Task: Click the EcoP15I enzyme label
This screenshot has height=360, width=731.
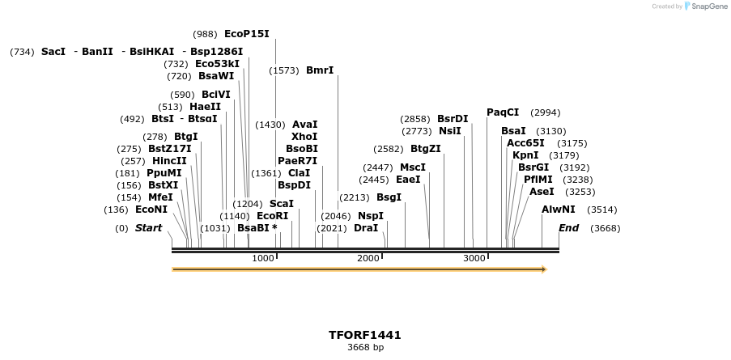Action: coord(246,34)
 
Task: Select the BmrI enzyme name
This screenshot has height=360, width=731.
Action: coord(320,70)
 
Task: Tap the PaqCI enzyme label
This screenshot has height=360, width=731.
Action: coord(503,112)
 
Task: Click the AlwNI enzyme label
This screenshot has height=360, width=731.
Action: coord(559,210)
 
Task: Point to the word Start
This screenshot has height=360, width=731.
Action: coord(148,228)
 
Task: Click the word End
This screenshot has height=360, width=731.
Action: coord(569,228)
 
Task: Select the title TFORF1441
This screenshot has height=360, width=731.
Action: coord(365,335)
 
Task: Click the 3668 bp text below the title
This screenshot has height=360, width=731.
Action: coord(365,348)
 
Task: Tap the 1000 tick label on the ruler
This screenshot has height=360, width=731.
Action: coord(263,258)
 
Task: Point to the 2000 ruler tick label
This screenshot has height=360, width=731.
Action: coord(368,258)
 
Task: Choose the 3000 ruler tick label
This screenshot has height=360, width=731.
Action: coord(474,258)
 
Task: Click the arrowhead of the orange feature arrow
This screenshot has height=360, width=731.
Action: coord(544,269)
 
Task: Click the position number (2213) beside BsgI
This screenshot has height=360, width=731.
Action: coord(354,197)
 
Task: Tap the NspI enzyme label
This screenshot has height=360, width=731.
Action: coord(371,216)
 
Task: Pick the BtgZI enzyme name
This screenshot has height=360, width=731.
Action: coord(426,149)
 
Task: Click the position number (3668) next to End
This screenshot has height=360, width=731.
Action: coord(606,228)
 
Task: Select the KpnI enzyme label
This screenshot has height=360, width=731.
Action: coord(525,155)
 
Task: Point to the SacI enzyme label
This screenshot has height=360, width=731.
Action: coord(53,52)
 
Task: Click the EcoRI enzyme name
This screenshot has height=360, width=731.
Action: coord(272,216)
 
